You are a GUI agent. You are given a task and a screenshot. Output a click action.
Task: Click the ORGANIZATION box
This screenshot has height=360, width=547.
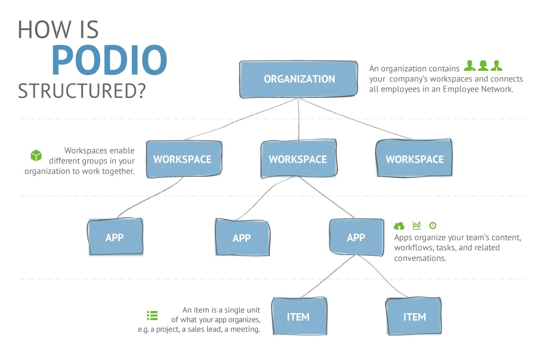(x=299, y=79)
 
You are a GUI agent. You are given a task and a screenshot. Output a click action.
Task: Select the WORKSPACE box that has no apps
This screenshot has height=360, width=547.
(x=414, y=159)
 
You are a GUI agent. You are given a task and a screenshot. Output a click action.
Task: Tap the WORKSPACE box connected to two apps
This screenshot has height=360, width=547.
(x=298, y=159)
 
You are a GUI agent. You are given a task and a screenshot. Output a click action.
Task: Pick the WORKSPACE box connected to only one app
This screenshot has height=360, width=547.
(x=183, y=159)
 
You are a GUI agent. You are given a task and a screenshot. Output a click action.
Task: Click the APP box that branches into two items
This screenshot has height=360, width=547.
(x=356, y=238)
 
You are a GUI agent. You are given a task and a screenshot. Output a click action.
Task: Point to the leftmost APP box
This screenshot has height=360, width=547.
(x=114, y=238)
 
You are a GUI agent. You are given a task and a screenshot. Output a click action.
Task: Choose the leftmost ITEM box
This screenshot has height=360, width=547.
(x=298, y=317)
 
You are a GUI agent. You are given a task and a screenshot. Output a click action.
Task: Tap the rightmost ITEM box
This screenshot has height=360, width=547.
(x=414, y=317)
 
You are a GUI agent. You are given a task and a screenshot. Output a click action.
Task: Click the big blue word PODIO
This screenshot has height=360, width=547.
(x=109, y=60)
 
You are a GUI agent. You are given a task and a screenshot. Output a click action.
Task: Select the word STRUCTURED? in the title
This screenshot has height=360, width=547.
(x=82, y=91)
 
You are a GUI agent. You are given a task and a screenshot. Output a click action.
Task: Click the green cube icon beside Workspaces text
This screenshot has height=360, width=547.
(x=36, y=156)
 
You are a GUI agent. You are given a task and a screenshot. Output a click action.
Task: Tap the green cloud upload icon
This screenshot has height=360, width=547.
(x=399, y=225)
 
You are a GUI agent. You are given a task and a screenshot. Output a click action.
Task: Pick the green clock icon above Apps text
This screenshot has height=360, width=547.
(x=433, y=225)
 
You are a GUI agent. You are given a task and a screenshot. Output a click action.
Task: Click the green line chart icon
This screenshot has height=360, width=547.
(x=417, y=225)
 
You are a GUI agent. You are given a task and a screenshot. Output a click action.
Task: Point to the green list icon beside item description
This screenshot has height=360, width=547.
(x=152, y=315)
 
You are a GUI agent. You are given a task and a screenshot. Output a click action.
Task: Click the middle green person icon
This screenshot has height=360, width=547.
(x=483, y=66)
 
